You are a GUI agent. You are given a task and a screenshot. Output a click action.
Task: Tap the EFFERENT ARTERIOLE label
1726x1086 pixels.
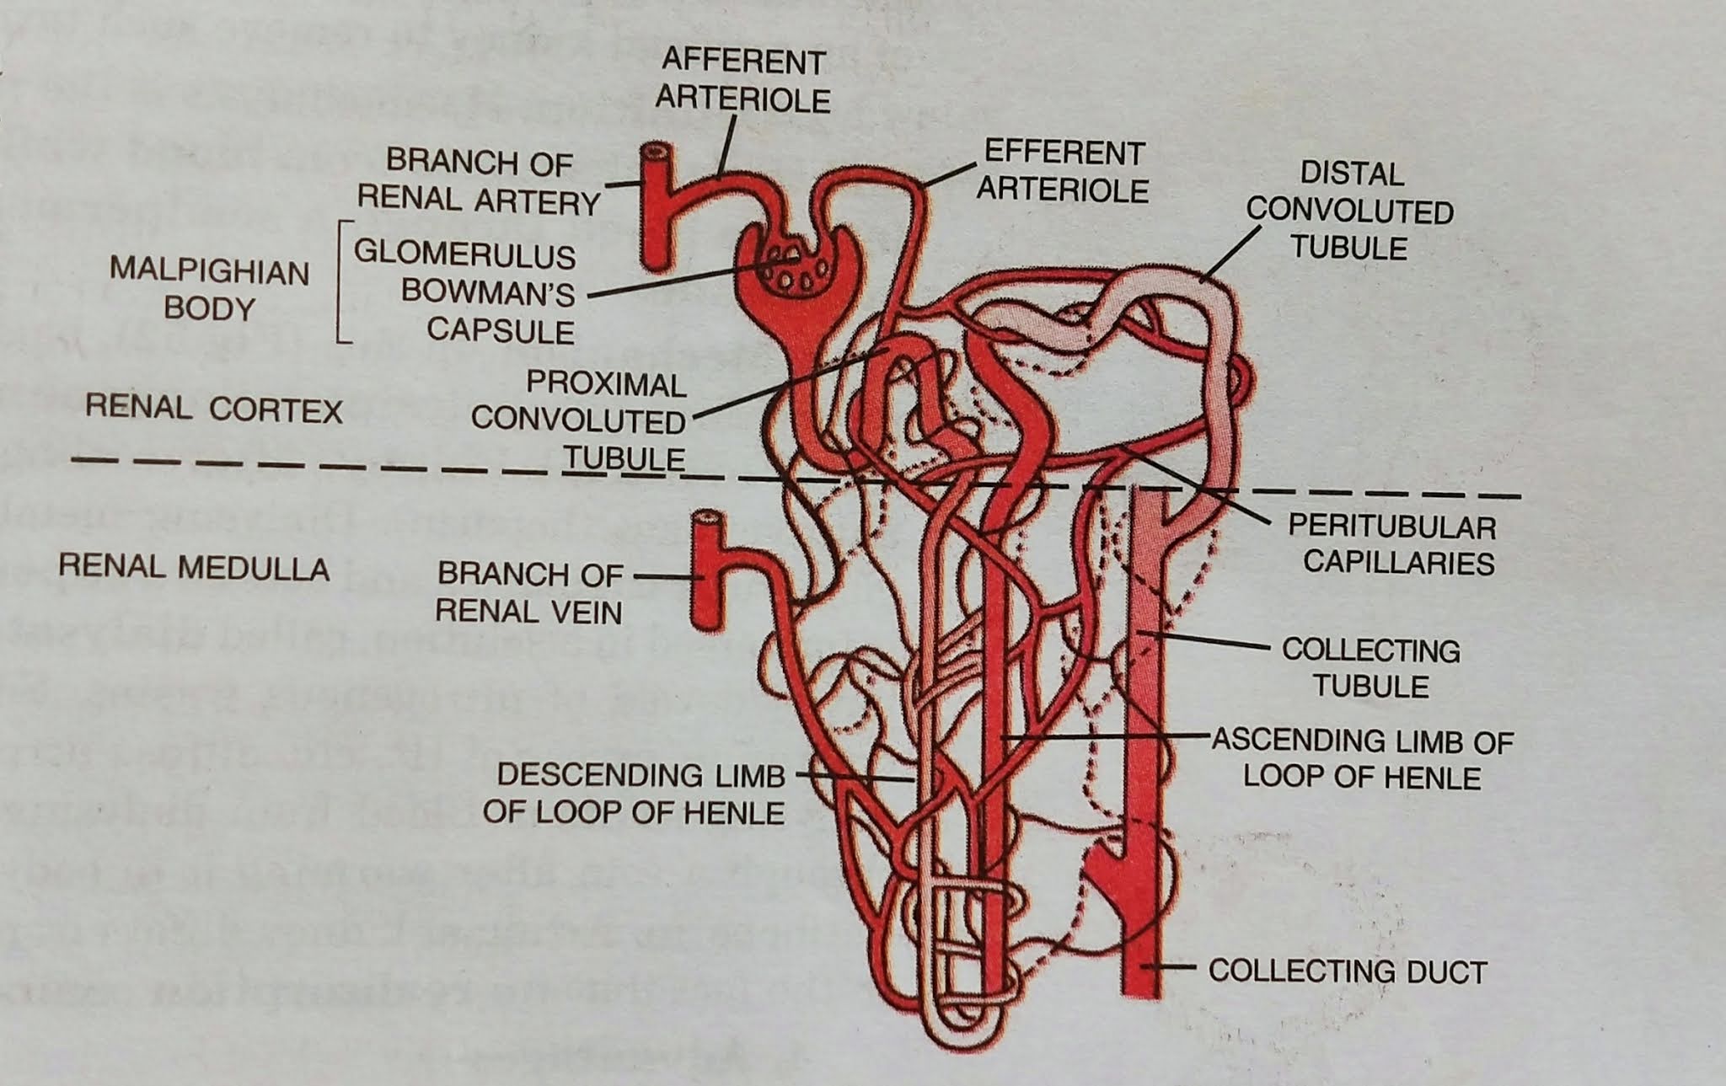(x=1063, y=171)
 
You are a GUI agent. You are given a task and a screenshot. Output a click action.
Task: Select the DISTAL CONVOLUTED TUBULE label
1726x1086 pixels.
(x=1351, y=211)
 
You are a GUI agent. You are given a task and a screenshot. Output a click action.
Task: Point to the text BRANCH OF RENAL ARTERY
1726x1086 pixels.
(x=479, y=181)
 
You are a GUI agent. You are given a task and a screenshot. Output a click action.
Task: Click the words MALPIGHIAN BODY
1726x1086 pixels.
(x=209, y=290)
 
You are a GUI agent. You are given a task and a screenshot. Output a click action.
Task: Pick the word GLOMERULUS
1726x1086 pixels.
(x=464, y=254)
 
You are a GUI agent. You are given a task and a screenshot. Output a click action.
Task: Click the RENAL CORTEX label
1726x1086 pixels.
(x=214, y=410)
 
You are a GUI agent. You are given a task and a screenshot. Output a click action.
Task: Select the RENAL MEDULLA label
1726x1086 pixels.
(x=194, y=567)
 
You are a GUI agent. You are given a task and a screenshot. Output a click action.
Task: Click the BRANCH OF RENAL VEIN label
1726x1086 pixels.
(x=529, y=592)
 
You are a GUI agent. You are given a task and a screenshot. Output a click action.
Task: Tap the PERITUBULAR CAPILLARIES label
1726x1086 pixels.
(x=1392, y=544)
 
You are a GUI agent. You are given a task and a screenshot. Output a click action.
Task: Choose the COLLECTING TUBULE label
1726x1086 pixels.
(x=1371, y=667)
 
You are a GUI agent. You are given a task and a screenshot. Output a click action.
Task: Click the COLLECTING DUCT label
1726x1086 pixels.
(x=1347, y=971)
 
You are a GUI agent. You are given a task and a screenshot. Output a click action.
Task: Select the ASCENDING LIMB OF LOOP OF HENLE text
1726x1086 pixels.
(x=1363, y=758)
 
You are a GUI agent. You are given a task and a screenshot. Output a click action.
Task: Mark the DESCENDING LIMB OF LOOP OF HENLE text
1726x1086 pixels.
(x=635, y=793)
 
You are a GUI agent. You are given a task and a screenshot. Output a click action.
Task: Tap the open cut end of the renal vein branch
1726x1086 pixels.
(x=707, y=520)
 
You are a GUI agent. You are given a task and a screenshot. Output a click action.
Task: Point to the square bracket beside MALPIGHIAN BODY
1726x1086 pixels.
(x=341, y=282)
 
